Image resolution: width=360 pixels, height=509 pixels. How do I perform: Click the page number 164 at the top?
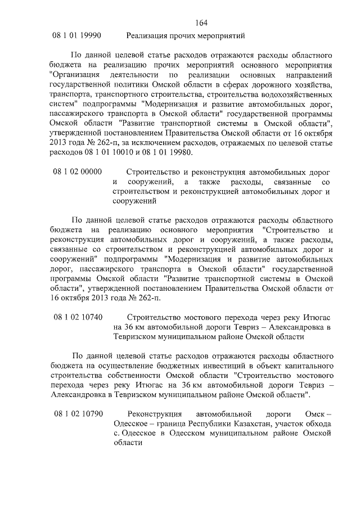[x=202, y=22]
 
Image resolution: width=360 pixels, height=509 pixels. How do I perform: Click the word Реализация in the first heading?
[x=148, y=35]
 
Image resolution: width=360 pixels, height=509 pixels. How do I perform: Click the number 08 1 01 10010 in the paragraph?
[x=110, y=152]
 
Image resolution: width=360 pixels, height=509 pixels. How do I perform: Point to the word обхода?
[x=319, y=424]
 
